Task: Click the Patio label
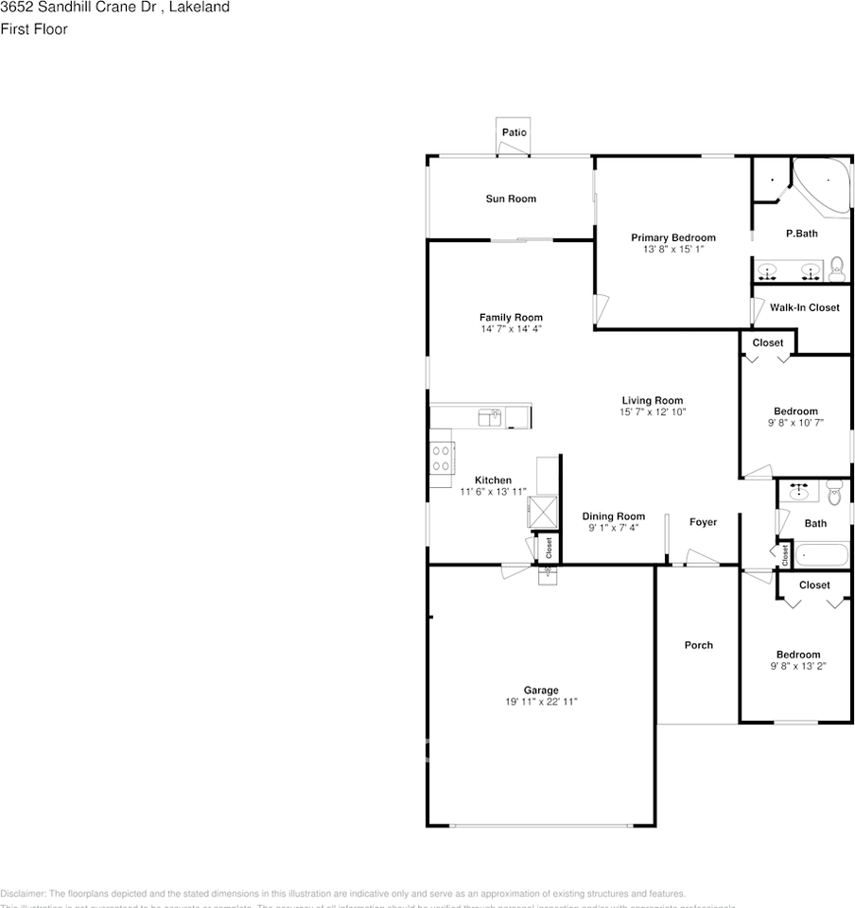514,132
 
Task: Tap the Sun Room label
511,199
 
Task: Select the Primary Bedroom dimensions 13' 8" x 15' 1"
673,249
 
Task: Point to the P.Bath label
802,234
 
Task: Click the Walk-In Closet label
804,307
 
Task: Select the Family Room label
511,318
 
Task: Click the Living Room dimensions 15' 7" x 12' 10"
652,411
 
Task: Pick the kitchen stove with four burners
441,458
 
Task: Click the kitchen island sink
488,416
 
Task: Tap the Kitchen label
493,480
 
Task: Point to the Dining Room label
614,516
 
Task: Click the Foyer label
703,522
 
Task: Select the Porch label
699,645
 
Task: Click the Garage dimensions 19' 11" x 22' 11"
541,702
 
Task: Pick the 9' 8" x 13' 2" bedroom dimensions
798,666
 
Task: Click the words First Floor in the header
34,28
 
